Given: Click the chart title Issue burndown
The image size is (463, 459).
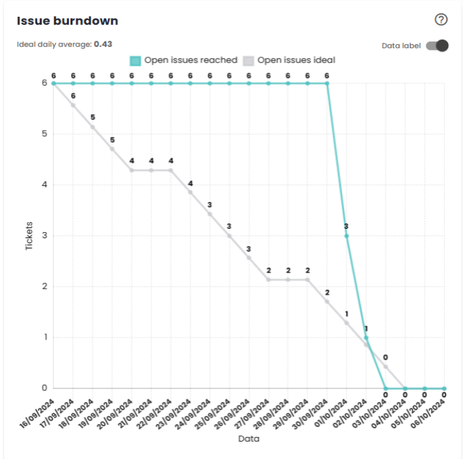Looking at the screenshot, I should [68, 21].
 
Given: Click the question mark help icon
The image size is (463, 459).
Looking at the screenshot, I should [441, 20].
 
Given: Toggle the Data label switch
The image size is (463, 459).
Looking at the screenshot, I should [436, 46].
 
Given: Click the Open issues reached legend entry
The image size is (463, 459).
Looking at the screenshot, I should [185, 60].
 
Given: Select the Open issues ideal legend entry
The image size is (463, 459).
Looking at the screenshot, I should [289, 60].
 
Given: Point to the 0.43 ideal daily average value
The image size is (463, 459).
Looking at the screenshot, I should [103, 44].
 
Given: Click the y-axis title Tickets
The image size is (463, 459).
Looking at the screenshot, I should [29, 236].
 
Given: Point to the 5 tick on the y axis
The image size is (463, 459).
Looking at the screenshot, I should [44, 134].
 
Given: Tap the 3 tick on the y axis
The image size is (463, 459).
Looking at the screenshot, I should [44, 236].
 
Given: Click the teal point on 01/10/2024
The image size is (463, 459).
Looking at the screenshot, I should [347, 236].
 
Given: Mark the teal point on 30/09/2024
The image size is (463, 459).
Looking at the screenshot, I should [327, 83].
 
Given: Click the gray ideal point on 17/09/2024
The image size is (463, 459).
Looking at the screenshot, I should [73, 105].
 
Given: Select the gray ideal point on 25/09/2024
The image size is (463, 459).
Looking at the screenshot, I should [229, 236].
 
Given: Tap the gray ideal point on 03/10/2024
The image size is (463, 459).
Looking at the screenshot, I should [386, 366].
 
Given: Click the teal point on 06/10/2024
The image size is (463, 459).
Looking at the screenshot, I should [444, 388].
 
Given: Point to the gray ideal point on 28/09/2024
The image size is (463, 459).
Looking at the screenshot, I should [288, 279].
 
